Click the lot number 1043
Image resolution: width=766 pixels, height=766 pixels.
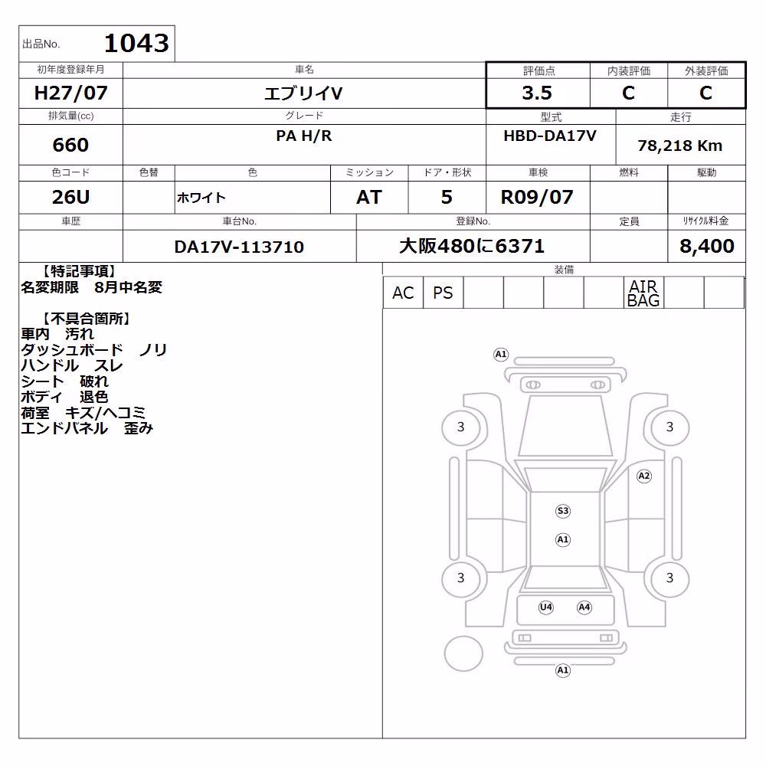(137, 43)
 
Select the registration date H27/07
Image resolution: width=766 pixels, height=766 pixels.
(70, 93)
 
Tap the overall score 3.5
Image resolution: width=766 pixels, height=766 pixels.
(537, 93)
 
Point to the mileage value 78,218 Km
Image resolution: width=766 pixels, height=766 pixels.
(679, 146)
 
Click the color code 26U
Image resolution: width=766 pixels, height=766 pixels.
(70, 198)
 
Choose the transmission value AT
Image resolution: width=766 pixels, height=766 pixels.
(369, 198)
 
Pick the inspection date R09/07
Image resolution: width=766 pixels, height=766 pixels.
(537, 198)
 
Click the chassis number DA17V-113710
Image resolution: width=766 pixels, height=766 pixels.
(239, 247)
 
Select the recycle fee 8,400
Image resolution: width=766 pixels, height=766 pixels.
(706, 246)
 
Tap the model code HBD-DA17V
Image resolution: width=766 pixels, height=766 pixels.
(550, 136)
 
